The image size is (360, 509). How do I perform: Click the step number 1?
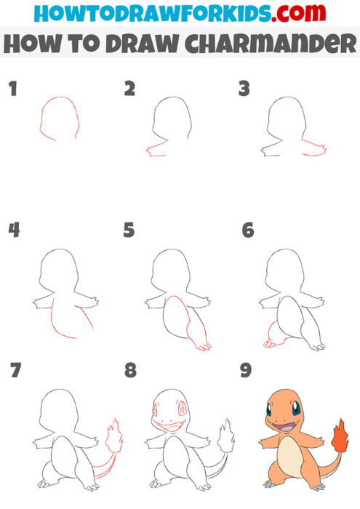click(12, 89)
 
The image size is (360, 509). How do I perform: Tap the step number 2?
click(129, 89)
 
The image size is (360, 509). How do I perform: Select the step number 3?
click(244, 89)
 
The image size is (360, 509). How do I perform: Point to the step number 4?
click(13, 231)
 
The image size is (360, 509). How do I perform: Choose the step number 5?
click(129, 231)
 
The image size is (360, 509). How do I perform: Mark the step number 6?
click(247, 231)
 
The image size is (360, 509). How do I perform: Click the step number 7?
click(15, 371)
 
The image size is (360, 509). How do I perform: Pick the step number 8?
click(130, 371)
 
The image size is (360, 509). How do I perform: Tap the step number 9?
click(246, 371)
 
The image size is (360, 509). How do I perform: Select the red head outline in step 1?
click(58, 116)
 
